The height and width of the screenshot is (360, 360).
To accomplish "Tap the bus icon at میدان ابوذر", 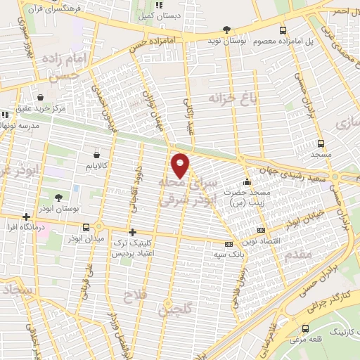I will point(86,227).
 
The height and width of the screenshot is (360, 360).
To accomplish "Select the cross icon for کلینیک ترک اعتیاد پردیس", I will point(132,232).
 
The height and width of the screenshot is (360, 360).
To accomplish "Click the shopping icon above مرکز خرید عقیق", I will point(41,97).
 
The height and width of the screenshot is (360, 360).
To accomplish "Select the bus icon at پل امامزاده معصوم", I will point(283,30).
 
